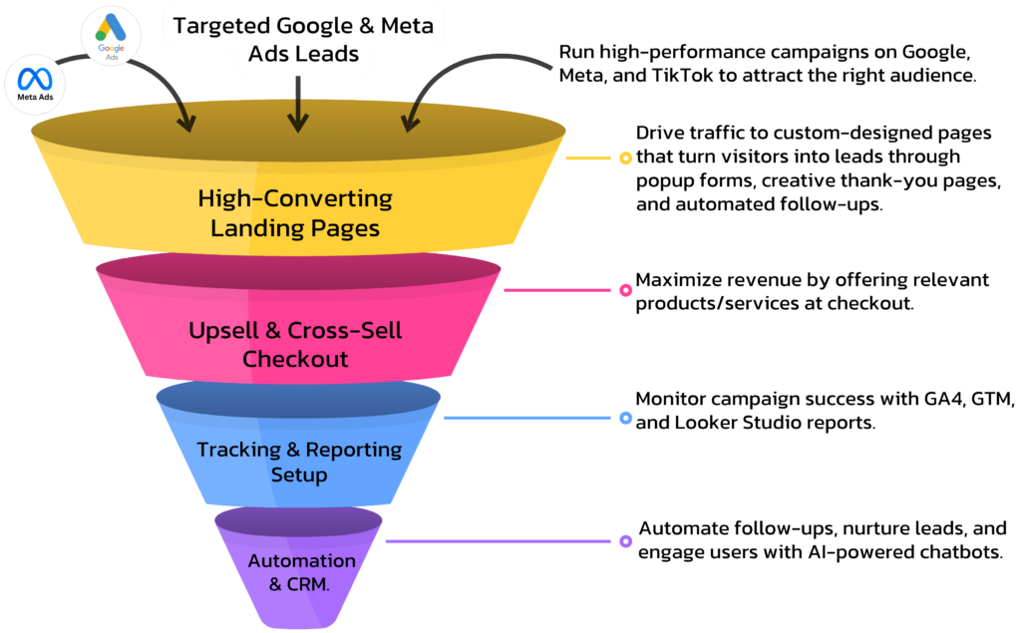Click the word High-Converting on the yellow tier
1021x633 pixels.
coord(295,197)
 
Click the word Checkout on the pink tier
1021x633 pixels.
coord(295,358)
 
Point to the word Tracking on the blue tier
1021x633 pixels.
coord(238,450)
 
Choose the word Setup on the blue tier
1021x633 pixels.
coord(299,475)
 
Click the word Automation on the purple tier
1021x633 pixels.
coord(301,560)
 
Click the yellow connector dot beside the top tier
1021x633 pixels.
coord(625,158)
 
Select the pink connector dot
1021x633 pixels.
coord(625,290)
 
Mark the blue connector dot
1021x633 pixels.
coord(625,418)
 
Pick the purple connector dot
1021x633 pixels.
coord(625,541)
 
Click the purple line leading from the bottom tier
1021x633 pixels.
coord(499,541)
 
